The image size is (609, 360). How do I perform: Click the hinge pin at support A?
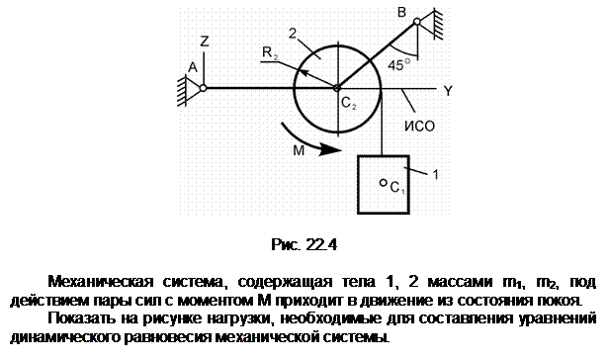coord(203,88)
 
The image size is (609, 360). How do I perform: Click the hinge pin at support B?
coord(417,22)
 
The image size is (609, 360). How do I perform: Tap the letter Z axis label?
coord(205,42)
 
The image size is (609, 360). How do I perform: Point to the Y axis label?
coord(448,90)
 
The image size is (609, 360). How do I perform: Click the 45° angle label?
coord(398,65)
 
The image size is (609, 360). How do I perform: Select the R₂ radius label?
coord(270,52)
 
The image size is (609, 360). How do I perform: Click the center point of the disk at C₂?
coord(337,88)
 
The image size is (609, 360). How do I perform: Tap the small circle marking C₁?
coord(383,182)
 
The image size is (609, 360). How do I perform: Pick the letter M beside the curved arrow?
coord(299,150)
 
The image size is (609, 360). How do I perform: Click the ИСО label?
coord(419,127)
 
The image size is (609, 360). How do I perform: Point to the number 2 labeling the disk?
coord(293,34)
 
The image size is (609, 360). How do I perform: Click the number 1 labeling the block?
coord(435,174)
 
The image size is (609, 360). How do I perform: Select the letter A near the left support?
coord(193,67)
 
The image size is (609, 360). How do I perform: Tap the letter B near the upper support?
coord(401,12)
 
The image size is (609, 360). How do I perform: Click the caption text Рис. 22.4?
coord(304,244)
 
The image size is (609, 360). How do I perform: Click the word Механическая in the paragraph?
coord(101,281)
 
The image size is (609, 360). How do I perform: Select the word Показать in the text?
coord(81,318)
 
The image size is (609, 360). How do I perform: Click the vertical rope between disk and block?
coord(382,122)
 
